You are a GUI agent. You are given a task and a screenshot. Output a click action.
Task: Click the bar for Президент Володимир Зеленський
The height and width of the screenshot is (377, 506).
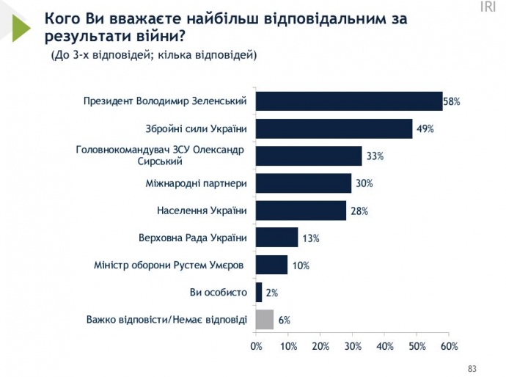pos(348,101)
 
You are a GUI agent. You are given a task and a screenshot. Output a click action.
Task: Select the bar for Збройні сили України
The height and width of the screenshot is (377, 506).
pos(334,128)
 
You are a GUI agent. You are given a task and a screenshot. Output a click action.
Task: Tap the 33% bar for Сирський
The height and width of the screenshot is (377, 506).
pos(308,155)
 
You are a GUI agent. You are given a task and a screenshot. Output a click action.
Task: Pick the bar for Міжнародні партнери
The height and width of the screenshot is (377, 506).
pos(304,183)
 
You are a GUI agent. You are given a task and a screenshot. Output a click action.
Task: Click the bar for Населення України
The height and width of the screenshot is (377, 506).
pos(301,211)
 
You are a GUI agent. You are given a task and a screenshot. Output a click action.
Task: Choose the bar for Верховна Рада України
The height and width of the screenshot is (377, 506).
pos(276,238)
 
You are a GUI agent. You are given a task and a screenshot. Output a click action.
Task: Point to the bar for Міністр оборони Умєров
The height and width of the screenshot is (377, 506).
pos(271,265)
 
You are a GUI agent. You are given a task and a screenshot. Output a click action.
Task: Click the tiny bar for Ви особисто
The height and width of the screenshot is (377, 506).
pos(258,292)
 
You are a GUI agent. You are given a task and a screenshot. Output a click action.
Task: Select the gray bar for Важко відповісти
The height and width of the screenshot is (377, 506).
pos(264,319)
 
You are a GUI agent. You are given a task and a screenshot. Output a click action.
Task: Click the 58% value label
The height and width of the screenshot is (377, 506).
pos(452,102)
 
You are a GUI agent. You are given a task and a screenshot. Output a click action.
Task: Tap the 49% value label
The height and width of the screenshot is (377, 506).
pos(425,129)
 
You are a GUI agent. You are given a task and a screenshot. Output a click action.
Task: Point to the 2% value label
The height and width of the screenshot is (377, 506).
pos(271,293)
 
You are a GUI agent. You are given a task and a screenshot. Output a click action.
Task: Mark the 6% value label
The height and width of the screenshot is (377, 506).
pos(284,320)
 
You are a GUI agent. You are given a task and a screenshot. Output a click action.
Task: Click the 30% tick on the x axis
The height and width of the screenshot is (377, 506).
pos(353,345)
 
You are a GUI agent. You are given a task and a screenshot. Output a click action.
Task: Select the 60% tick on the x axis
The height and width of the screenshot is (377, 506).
pos(449,345)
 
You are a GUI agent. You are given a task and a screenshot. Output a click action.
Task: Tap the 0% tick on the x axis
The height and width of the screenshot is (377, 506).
pos(256,345)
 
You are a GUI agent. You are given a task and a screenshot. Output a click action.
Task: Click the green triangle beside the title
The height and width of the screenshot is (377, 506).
pos(21,26)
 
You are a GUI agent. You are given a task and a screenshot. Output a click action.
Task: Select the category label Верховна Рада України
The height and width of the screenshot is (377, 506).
pos(192,238)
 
